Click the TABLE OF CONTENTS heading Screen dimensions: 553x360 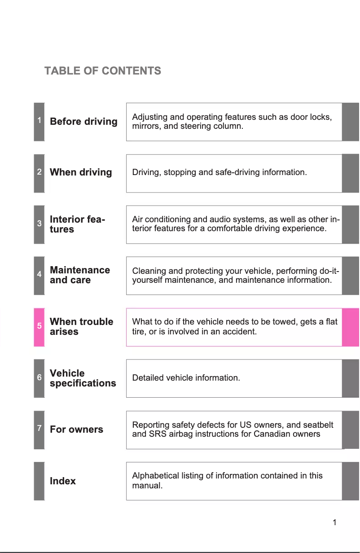click(x=103, y=71)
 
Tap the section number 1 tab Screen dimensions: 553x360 click(x=40, y=121)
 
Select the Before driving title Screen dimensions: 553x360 click(x=83, y=122)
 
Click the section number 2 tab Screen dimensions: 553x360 click(x=40, y=172)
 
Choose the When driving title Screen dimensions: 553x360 click(x=81, y=172)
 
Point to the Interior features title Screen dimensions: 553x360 click(x=77, y=224)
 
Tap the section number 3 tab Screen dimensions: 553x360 click(x=40, y=224)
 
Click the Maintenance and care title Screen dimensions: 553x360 click(x=79, y=275)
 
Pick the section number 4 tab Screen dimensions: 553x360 click(x=40, y=275)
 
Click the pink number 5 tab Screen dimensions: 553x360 click(x=40, y=327)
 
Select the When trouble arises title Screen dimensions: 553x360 click(x=81, y=327)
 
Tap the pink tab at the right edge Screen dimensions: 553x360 click(x=351, y=327)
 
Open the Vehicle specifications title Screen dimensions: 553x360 click(x=83, y=378)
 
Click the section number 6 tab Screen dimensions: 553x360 click(x=40, y=378)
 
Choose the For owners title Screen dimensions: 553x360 click(x=76, y=430)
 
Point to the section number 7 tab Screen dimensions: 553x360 click(x=40, y=430)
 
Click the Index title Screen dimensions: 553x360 click(x=63, y=481)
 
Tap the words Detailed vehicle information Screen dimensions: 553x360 click(x=186, y=378)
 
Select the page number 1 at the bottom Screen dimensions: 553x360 click(x=334, y=522)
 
